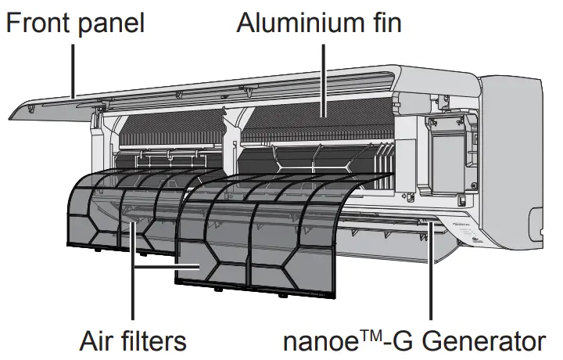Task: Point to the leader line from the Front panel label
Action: (x=74, y=70)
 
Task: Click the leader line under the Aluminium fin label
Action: (x=323, y=77)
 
